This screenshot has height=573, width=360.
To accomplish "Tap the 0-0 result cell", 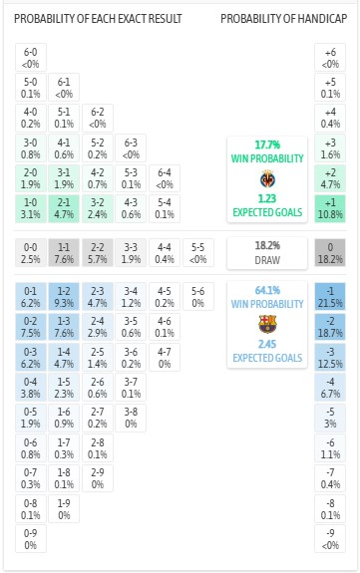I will pos(31,251).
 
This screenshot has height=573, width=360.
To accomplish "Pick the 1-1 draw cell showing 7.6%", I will pos(64,251).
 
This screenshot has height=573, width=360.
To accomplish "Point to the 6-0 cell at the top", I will pos(31,57).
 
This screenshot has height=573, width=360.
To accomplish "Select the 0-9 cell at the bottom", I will pos(31,538).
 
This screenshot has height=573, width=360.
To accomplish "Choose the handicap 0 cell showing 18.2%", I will pos(330,251).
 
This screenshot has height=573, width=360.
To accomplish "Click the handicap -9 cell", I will pos(330,538).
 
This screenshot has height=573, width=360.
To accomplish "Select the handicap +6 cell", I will pos(330,57).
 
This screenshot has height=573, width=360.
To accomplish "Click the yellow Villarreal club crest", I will pos(267,180).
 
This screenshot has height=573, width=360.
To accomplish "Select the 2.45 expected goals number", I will pos(267,345).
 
